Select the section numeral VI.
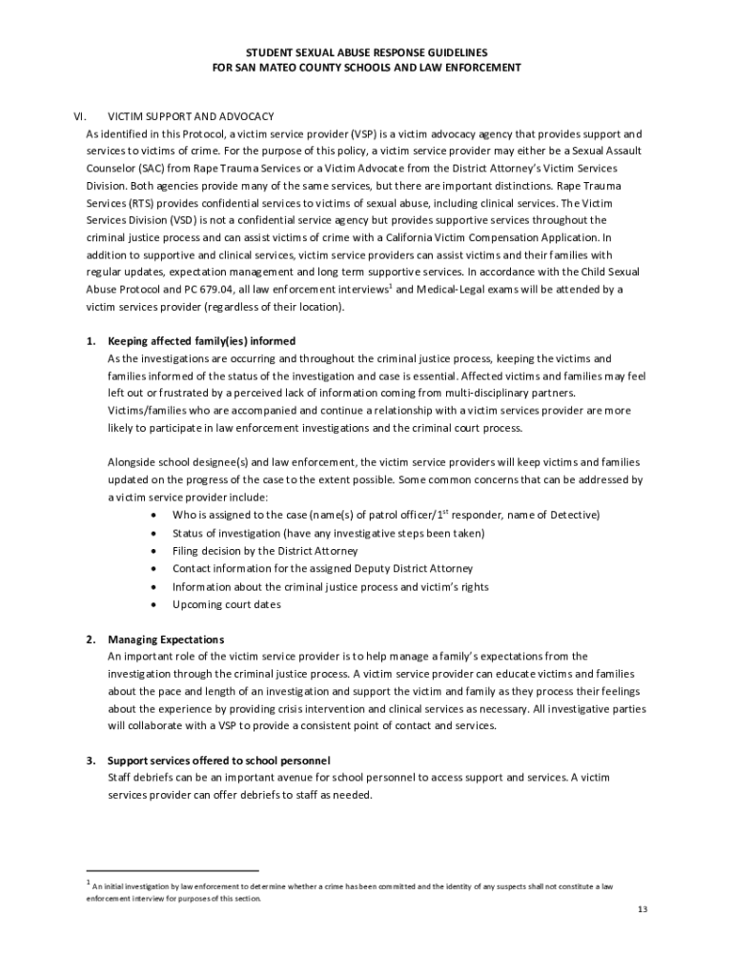pos(81,114)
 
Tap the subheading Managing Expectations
pos(166,639)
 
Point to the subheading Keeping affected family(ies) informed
pos(201,340)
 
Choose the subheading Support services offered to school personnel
pos(218,761)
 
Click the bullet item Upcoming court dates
pos(227,604)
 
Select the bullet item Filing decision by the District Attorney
pos(265,551)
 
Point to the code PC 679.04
pos(225,289)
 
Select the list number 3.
pos(91,761)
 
